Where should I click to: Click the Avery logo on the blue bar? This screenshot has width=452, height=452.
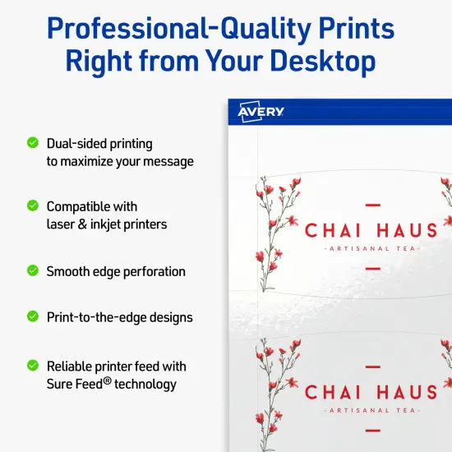click(x=261, y=111)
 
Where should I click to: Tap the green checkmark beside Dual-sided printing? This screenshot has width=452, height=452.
click(x=33, y=143)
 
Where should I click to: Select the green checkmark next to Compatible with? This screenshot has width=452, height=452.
click(x=33, y=205)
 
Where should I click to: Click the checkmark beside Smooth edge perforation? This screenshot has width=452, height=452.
click(x=33, y=270)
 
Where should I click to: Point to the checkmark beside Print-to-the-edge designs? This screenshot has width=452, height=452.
click(x=33, y=316)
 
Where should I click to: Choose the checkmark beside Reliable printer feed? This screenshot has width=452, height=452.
click(x=33, y=365)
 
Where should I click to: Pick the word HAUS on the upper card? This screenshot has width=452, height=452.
click(x=402, y=230)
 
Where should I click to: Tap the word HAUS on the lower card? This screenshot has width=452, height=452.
click(x=402, y=392)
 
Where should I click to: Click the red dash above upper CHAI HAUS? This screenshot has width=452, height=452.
click(x=372, y=203)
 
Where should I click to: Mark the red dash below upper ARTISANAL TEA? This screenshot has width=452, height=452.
click(x=372, y=268)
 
